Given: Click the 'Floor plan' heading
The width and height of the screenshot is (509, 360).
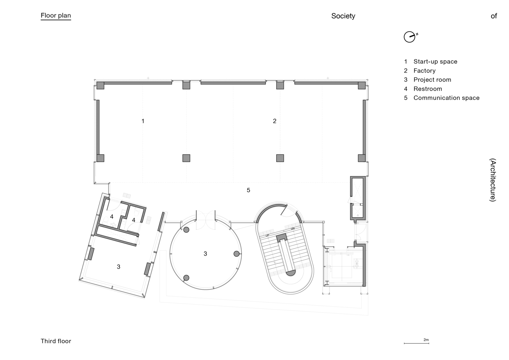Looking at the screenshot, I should click(x=56, y=15).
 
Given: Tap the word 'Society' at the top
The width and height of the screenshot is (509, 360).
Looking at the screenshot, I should click(x=343, y=16).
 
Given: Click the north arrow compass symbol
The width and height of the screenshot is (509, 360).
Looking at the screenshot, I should click(x=410, y=37).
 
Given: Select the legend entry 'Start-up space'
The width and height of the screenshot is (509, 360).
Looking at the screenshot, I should click(x=435, y=62).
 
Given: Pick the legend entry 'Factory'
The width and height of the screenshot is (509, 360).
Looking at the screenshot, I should click(x=424, y=71).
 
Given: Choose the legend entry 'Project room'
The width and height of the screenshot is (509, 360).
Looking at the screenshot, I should click(x=432, y=80).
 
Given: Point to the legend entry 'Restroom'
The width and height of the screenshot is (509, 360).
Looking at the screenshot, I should click(x=428, y=89).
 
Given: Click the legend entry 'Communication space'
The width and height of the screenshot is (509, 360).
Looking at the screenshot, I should click(x=446, y=98).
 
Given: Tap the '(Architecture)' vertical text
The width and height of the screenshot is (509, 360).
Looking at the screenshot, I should click(x=493, y=180).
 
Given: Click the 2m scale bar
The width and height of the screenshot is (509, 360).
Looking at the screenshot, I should click(x=416, y=343).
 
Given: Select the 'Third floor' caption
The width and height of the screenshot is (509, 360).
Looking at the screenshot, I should click(x=56, y=341).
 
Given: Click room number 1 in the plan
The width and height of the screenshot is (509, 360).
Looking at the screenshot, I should click(x=143, y=121).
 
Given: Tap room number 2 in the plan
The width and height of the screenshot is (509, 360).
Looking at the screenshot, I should click(x=274, y=121).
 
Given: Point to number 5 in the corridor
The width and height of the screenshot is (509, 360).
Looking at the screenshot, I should click(x=248, y=190).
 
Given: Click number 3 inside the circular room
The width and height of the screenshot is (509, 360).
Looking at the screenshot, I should click(x=205, y=254).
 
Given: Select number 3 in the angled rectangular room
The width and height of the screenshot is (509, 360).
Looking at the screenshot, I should click(x=118, y=267).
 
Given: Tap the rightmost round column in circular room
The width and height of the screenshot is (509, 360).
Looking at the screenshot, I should click(x=236, y=254).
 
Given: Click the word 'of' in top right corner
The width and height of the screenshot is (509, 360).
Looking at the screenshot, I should click(x=494, y=16).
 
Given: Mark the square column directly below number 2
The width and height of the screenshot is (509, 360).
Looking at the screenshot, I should click(x=280, y=158).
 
